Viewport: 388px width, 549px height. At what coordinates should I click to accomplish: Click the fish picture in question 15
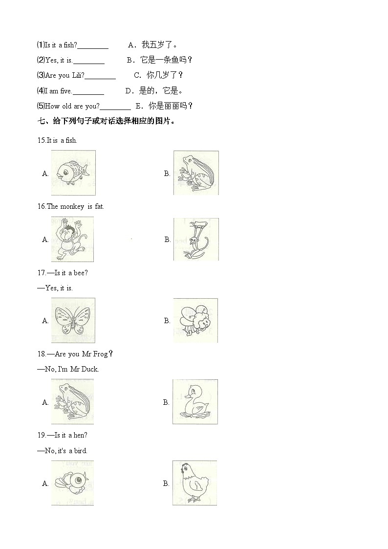tap(73, 172)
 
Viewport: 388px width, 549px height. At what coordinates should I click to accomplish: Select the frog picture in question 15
tap(196, 173)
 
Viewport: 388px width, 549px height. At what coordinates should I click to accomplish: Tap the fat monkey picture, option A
tap(72, 240)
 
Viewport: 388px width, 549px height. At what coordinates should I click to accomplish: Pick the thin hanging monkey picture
tap(196, 239)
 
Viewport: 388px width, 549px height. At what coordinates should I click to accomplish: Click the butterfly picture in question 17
tap(73, 320)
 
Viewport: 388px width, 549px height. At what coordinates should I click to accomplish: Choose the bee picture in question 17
tap(195, 320)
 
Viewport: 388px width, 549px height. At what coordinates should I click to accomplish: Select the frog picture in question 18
tap(72, 402)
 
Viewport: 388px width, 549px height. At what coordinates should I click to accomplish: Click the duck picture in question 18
tap(195, 402)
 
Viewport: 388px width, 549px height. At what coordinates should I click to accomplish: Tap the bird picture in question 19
tap(72, 483)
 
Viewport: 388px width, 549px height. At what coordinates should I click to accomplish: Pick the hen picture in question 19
tap(194, 483)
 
